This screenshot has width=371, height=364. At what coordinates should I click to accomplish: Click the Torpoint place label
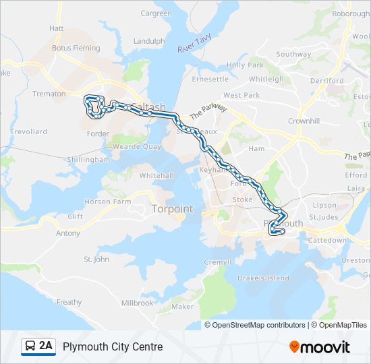point(172,209)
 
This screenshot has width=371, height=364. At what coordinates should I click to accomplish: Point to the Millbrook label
point(138,303)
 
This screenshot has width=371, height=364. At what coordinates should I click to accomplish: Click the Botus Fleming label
point(76,48)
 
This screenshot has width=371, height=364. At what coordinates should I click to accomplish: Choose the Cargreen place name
point(156,13)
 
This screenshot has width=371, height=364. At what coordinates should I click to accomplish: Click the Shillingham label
point(88,159)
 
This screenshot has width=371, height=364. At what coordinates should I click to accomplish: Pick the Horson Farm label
point(108,202)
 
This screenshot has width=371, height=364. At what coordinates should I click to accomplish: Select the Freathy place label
point(69,302)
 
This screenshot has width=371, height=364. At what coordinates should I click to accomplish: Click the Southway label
point(293,54)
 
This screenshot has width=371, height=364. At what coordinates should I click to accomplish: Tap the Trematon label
point(49,94)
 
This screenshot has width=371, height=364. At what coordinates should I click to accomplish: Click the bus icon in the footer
point(30,346)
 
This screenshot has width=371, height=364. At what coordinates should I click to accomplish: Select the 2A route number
point(46,346)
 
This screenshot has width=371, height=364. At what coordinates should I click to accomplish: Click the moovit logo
point(320,347)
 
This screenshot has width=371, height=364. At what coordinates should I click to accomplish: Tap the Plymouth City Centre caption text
point(113,346)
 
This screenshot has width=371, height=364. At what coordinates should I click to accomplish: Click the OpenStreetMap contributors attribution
point(258,325)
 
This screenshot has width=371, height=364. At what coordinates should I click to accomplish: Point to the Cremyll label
point(217,262)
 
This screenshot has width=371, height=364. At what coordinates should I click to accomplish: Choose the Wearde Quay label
point(136,146)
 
